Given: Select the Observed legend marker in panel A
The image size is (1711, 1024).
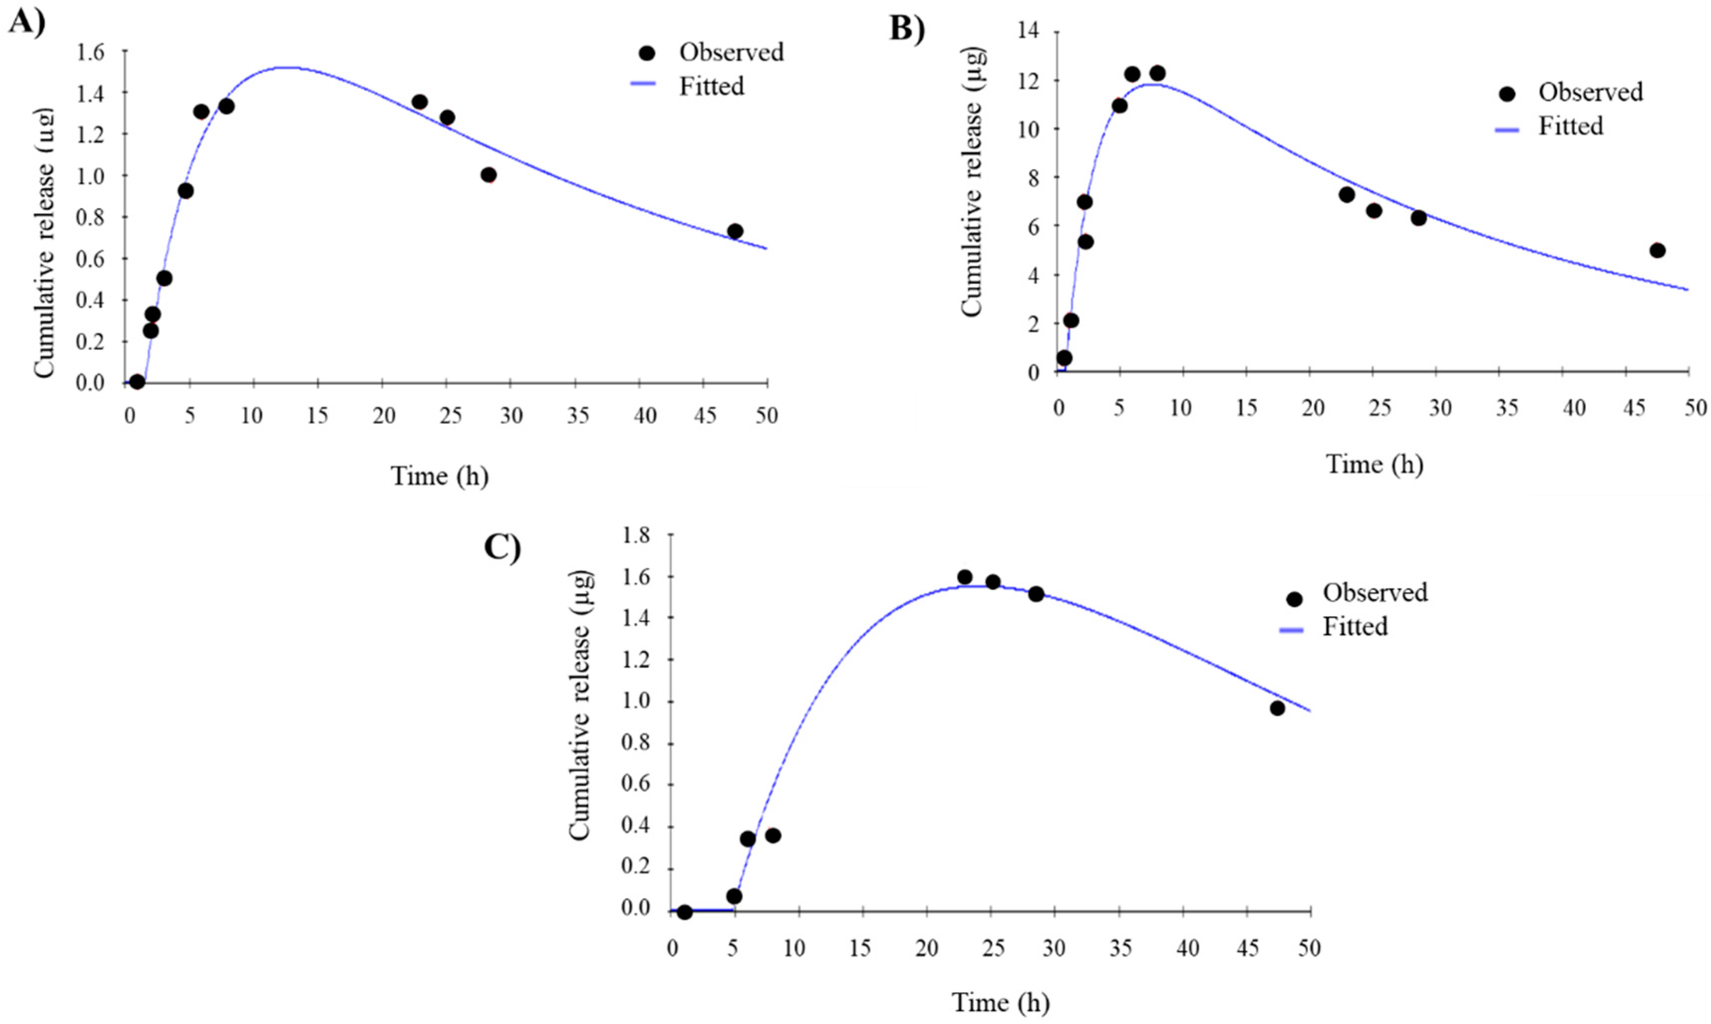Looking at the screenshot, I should tap(647, 53).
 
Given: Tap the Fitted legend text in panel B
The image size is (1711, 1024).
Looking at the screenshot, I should tap(1570, 127).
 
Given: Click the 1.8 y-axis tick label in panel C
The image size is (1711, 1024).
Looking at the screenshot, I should tap(636, 535).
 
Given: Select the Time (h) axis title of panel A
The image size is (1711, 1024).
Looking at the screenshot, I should tap(439, 476).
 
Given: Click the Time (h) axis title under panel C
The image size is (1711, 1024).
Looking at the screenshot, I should tap(1001, 1002).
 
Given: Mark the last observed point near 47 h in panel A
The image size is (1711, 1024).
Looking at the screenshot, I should tap(735, 231).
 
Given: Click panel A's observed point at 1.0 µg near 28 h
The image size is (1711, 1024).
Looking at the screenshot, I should tap(489, 175).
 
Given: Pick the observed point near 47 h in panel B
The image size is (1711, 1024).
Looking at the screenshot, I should tap(1657, 251).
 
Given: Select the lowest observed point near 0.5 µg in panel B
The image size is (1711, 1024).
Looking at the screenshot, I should tap(1064, 358).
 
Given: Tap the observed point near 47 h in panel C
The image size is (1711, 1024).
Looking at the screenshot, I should tap(1277, 708).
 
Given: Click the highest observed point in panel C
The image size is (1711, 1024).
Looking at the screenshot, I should tap(965, 577).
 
